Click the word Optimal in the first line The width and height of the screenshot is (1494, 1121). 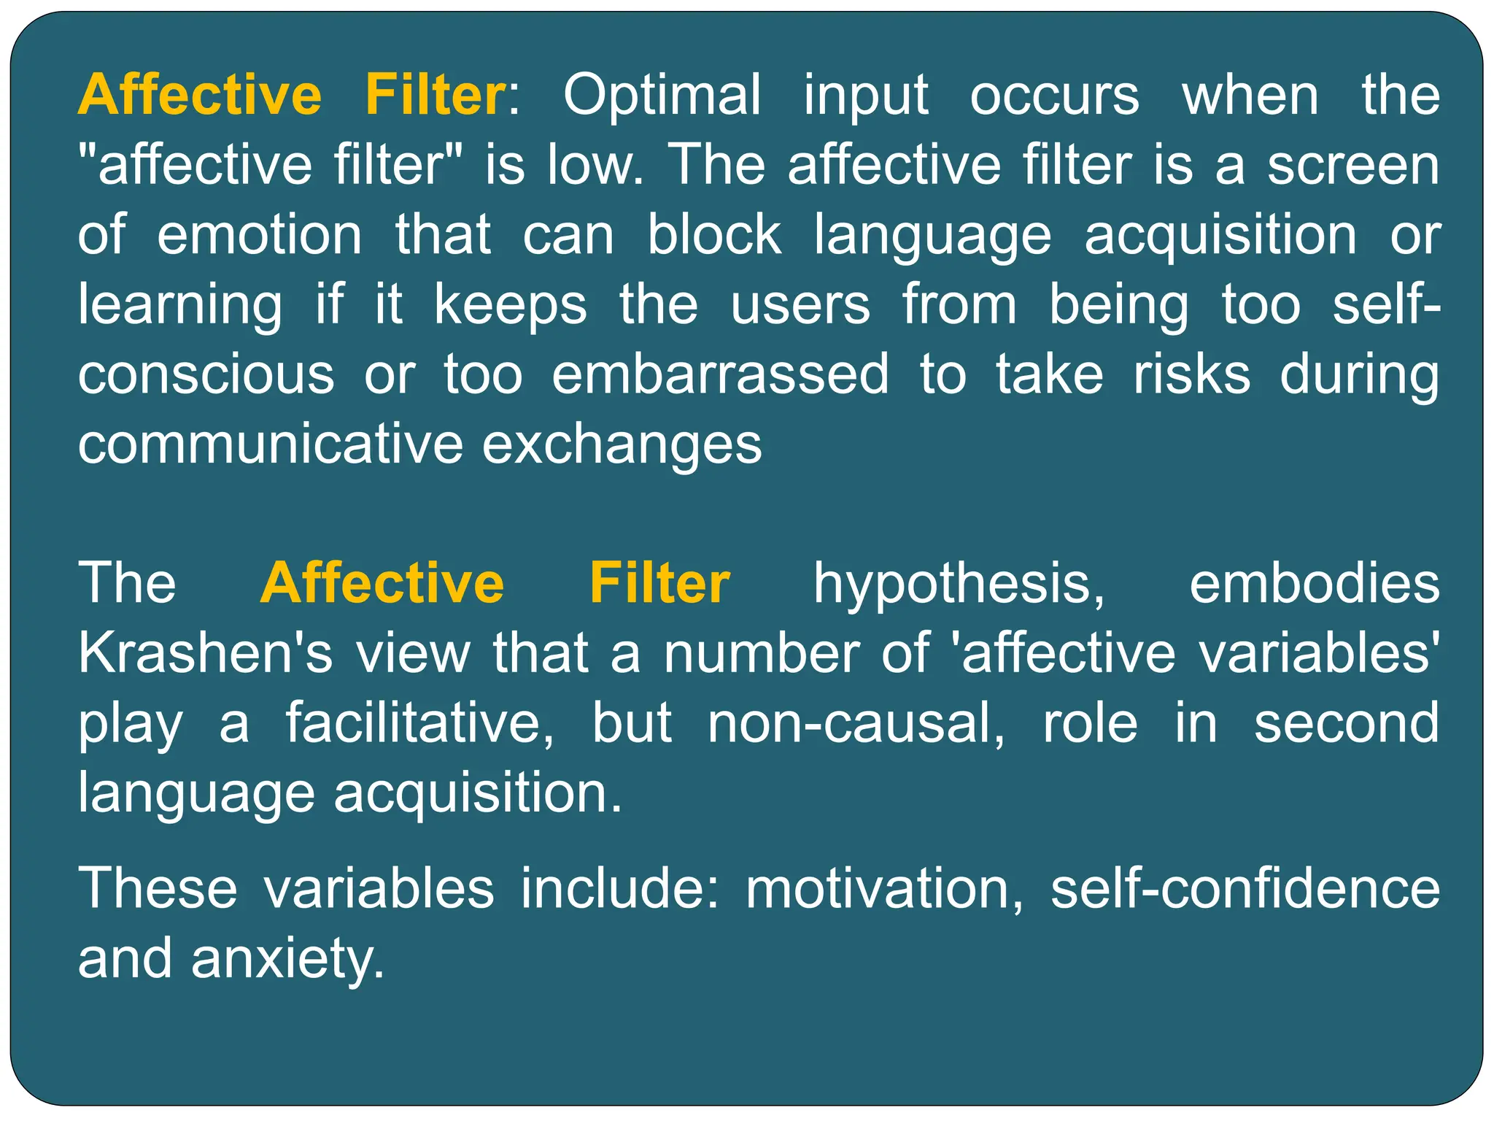662,95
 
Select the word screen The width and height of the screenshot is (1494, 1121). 1353,165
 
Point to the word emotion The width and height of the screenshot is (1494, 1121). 259,235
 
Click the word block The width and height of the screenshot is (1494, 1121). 714,235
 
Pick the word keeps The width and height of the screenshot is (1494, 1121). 510,305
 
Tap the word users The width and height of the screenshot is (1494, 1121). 800,305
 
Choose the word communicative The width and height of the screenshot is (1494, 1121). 270,444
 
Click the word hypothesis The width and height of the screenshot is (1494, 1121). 959,585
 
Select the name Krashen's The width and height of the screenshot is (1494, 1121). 205,653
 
